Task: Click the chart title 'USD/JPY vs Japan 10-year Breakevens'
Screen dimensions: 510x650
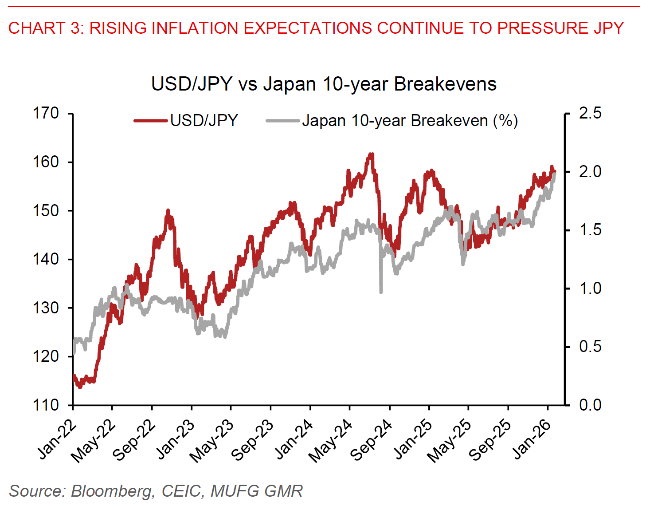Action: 324,84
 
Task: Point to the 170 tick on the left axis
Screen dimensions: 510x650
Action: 46,114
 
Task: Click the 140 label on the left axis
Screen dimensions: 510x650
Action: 46,259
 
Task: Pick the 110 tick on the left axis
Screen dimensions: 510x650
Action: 46,405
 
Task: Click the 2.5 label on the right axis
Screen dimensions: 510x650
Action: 590,113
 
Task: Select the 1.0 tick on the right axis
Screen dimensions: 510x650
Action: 590,289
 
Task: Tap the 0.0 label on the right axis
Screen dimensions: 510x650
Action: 590,405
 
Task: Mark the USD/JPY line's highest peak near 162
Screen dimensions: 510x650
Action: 371,154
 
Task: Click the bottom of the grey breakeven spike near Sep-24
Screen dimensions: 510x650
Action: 381,292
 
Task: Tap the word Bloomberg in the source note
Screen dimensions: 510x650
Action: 113,491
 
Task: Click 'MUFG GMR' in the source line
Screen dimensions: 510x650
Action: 257,491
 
